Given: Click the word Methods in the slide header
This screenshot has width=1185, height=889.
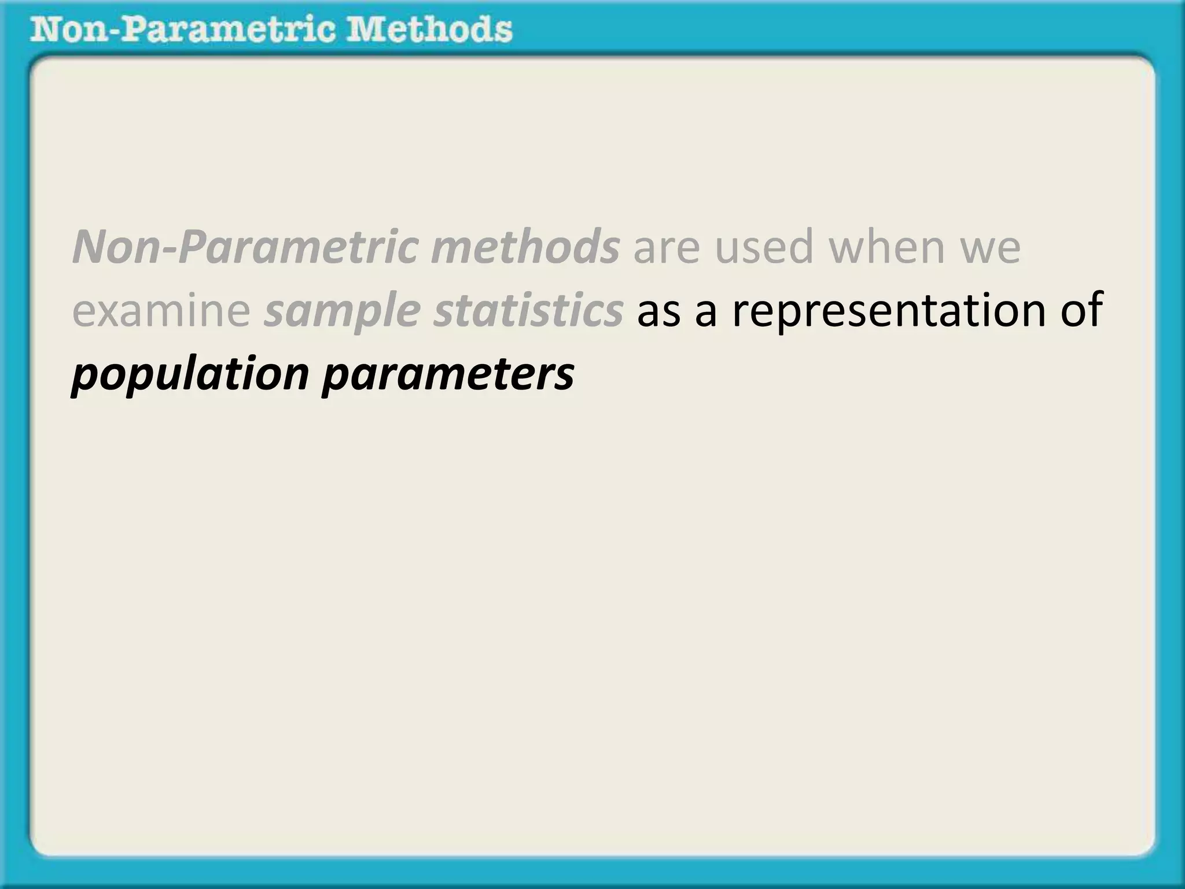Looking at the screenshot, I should coord(429,30).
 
